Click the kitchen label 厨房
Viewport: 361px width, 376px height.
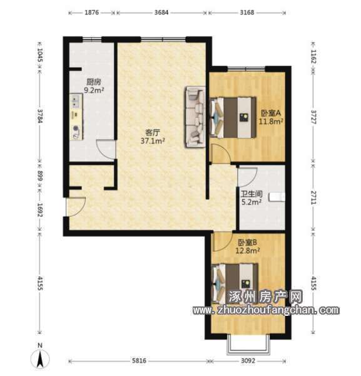coord(94,82)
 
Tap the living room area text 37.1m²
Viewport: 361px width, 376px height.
coord(153,141)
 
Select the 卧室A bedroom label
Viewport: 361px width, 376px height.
coord(270,113)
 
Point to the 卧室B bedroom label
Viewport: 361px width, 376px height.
coord(248,243)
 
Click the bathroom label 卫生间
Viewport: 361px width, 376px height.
coord(252,194)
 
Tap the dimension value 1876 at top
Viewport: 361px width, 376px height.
coord(91,13)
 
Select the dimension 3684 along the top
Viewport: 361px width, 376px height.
coord(161,13)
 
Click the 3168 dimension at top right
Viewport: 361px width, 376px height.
coord(247,13)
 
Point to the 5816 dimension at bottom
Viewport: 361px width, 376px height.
coord(139,360)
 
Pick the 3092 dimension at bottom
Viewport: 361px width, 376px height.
coord(248,360)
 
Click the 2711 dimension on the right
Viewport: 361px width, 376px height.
coord(313,197)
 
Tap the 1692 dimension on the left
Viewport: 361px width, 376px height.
coord(40,210)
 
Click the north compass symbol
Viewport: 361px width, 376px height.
coord(40,357)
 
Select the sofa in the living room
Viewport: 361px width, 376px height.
coord(195,117)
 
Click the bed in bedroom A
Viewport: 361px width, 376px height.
coord(233,117)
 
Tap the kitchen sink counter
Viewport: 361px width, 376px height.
coord(76,117)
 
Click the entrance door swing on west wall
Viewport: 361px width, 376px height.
coord(76,206)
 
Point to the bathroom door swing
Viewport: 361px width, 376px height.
coord(247,177)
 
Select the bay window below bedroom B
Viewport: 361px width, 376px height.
coord(248,344)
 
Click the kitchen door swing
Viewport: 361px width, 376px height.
coord(106,149)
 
